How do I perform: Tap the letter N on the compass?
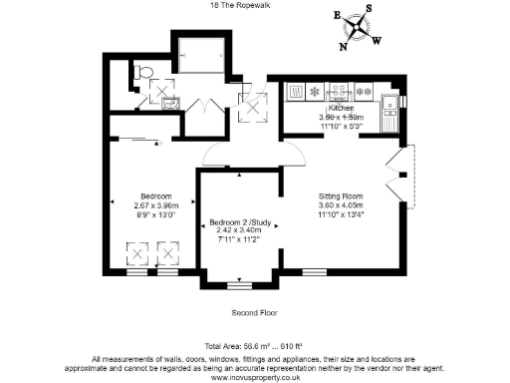(345, 46)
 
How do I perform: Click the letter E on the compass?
(337, 17)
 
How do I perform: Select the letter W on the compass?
(376, 41)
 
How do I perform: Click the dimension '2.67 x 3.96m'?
(156, 204)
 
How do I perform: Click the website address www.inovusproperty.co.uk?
(254, 375)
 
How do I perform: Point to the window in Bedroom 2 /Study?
(239, 285)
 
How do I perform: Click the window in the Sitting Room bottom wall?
(314, 271)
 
